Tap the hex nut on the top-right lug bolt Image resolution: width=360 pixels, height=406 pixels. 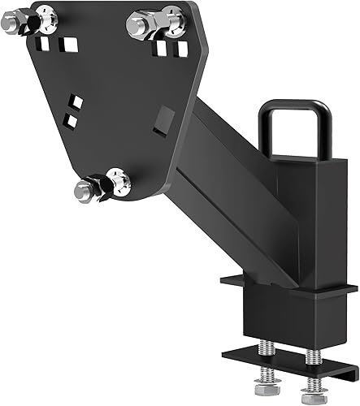click(140, 24)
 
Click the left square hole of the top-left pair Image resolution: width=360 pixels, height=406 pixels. click(48, 42)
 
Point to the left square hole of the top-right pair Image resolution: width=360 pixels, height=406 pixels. click(162, 49)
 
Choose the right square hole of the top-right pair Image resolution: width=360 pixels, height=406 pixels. click(182, 49)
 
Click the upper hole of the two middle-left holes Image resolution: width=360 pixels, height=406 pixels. click(76, 101)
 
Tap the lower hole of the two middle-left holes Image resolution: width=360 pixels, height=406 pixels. click(71, 120)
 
